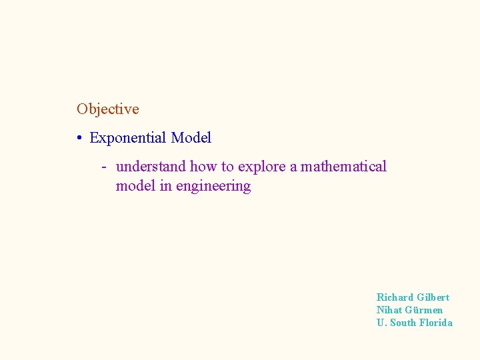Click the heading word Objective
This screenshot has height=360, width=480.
[x=107, y=109]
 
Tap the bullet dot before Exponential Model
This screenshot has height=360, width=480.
[x=79, y=139]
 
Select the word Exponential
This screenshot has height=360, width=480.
[x=127, y=138]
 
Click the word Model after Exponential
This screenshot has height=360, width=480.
[x=191, y=138]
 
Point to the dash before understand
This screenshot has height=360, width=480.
[x=105, y=167]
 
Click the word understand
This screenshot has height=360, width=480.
[x=151, y=167]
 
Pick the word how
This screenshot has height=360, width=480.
[x=203, y=167]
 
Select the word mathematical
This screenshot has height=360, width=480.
[x=343, y=167]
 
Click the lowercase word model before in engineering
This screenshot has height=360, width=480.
[x=135, y=186]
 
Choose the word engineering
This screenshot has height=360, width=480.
[x=213, y=187]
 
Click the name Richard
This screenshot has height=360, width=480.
[x=394, y=297]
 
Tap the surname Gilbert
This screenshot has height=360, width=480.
[x=433, y=297]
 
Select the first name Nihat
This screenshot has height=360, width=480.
[x=389, y=310]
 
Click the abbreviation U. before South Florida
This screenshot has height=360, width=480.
[x=381, y=323]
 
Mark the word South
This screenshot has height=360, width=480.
[x=403, y=323]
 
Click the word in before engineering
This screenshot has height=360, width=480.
[x=165, y=186]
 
